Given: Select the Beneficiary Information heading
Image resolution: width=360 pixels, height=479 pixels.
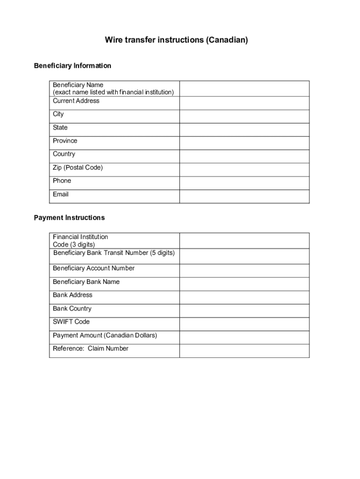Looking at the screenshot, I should point(72,65).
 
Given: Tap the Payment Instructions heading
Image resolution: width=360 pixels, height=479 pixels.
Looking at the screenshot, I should point(69,218).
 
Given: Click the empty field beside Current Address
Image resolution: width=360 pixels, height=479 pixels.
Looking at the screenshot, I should point(244,103).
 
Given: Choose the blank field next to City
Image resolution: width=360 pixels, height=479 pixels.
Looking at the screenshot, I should point(244,116).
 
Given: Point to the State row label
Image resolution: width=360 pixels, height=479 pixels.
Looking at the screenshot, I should point(60,127).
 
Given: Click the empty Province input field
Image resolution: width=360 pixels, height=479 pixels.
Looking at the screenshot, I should point(244,143).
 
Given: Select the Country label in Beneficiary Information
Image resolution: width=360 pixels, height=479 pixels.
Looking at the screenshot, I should point(64,154).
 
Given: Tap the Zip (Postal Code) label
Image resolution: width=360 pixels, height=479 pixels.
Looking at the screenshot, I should point(78,167).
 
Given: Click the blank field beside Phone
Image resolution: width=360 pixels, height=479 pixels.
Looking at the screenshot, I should point(244,183).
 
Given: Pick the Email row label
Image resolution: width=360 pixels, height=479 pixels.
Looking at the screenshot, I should point(61,194).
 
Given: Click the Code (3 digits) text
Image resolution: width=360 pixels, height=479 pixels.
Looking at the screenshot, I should point(74,245).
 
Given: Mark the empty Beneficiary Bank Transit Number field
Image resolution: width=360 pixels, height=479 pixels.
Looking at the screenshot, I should point(244,256).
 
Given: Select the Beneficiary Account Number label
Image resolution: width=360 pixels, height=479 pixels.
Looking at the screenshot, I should point(94,268).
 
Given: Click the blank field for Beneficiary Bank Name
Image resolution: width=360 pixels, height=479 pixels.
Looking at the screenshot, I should point(244,284).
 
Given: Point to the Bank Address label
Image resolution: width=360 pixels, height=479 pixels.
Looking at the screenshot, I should point(72,295).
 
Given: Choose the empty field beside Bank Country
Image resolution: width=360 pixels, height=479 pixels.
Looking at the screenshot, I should point(244,311).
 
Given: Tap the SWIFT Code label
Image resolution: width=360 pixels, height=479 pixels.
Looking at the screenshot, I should point(71,321).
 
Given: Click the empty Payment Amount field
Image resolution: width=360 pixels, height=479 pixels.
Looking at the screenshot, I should point(244,337).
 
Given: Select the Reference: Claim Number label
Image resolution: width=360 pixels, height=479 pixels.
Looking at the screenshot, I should point(91,348).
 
